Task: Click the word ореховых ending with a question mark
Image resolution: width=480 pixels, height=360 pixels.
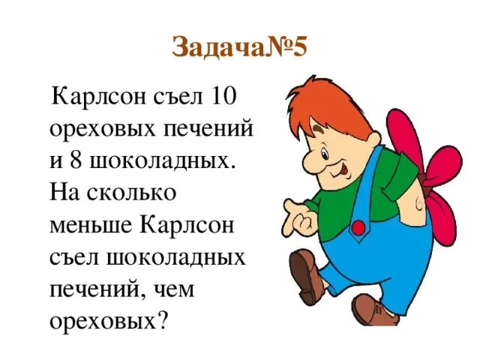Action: tap(108, 321)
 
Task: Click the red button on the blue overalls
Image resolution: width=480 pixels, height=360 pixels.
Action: tap(358, 226)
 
